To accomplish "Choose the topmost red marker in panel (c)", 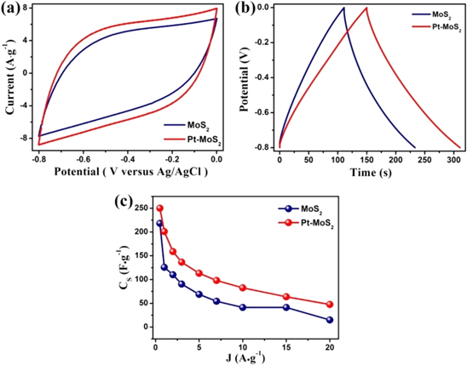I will pyautogui.click(x=159, y=208).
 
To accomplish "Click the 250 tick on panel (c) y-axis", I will pyautogui.click(x=137, y=208).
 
